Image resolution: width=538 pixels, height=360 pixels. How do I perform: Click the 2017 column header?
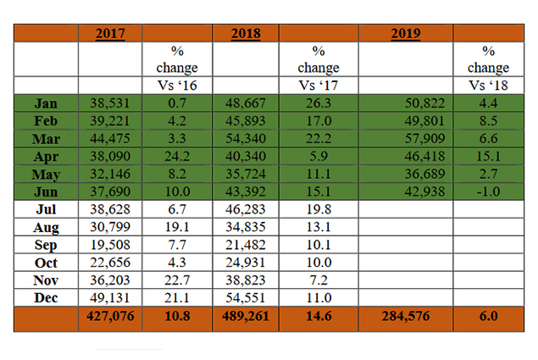(x=110, y=34)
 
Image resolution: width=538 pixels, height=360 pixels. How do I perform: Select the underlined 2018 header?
(x=246, y=34)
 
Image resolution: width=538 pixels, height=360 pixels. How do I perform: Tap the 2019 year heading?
(x=406, y=34)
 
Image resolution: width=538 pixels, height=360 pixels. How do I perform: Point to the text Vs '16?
(x=177, y=85)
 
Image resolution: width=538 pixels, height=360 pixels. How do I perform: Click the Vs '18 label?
(x=488, y=85)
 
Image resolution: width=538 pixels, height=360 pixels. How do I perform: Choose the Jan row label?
(x=46, y=103)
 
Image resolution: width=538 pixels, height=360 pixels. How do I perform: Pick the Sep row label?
(x=46, y=245)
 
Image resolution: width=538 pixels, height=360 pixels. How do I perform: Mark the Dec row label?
(x=46, y=297)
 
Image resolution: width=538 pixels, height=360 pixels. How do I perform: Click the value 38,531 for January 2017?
(x=110, y=103)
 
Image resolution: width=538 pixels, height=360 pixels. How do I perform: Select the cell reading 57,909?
(x=424, y=138)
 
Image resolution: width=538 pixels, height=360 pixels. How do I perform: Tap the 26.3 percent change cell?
(x=319, y=103)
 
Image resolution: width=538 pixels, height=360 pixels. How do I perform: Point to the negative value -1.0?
(x=488, y=191)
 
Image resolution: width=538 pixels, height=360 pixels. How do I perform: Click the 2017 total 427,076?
(x=110, y=316)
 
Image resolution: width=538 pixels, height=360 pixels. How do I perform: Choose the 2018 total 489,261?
(x=246, y=316)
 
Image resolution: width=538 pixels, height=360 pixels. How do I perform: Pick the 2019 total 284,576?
(x=406, y=316)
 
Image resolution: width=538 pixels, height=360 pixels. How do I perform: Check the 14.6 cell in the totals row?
(x=319, y=316)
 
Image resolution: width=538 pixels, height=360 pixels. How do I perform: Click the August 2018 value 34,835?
(x=246, y=227)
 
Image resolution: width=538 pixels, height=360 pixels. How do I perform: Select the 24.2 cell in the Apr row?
(x=177, y=156)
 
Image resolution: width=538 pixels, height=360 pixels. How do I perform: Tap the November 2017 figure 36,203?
(x=110, y=280)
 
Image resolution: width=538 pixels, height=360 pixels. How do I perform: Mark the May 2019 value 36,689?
(x=424, y=174)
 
